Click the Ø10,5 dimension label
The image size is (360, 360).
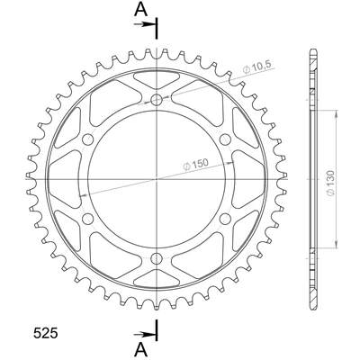coord(256,67)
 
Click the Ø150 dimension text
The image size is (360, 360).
coord(195,164)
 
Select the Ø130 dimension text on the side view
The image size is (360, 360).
coord(330,184)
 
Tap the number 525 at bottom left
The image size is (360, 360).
coord(45,325)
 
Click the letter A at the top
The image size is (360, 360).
coord(140,10)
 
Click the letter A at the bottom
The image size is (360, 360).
coord(140,348)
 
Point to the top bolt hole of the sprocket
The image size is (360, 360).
coord(157,100)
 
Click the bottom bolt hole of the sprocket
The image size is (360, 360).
coord(157,257)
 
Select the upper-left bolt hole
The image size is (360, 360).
coord(88,139)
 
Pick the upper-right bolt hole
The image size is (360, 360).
coord(225,139)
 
